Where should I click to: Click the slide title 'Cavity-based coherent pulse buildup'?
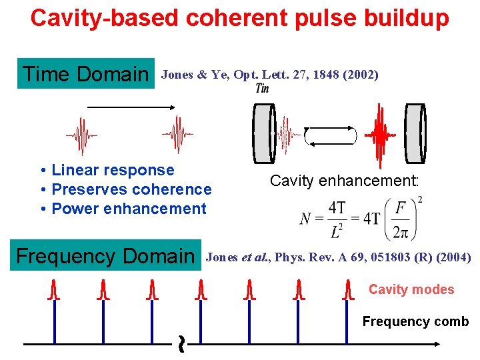tap(240, 18)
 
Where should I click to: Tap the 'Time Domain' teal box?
tap(85, 74)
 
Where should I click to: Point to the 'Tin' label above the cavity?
tap(263, 89)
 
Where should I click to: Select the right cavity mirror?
tap(415, 133)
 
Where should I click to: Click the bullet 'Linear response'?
tap(113, 171)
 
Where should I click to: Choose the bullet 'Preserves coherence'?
tap(131, 189)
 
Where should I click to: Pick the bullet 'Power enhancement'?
tap(129, 209)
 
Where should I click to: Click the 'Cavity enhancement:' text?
tap(344, 180)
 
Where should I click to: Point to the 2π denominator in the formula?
tap(401, 232)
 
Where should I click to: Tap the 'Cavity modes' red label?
tap(411, 289)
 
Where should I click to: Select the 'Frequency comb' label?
tap(415, 321)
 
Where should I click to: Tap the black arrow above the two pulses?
tap(131, 107)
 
